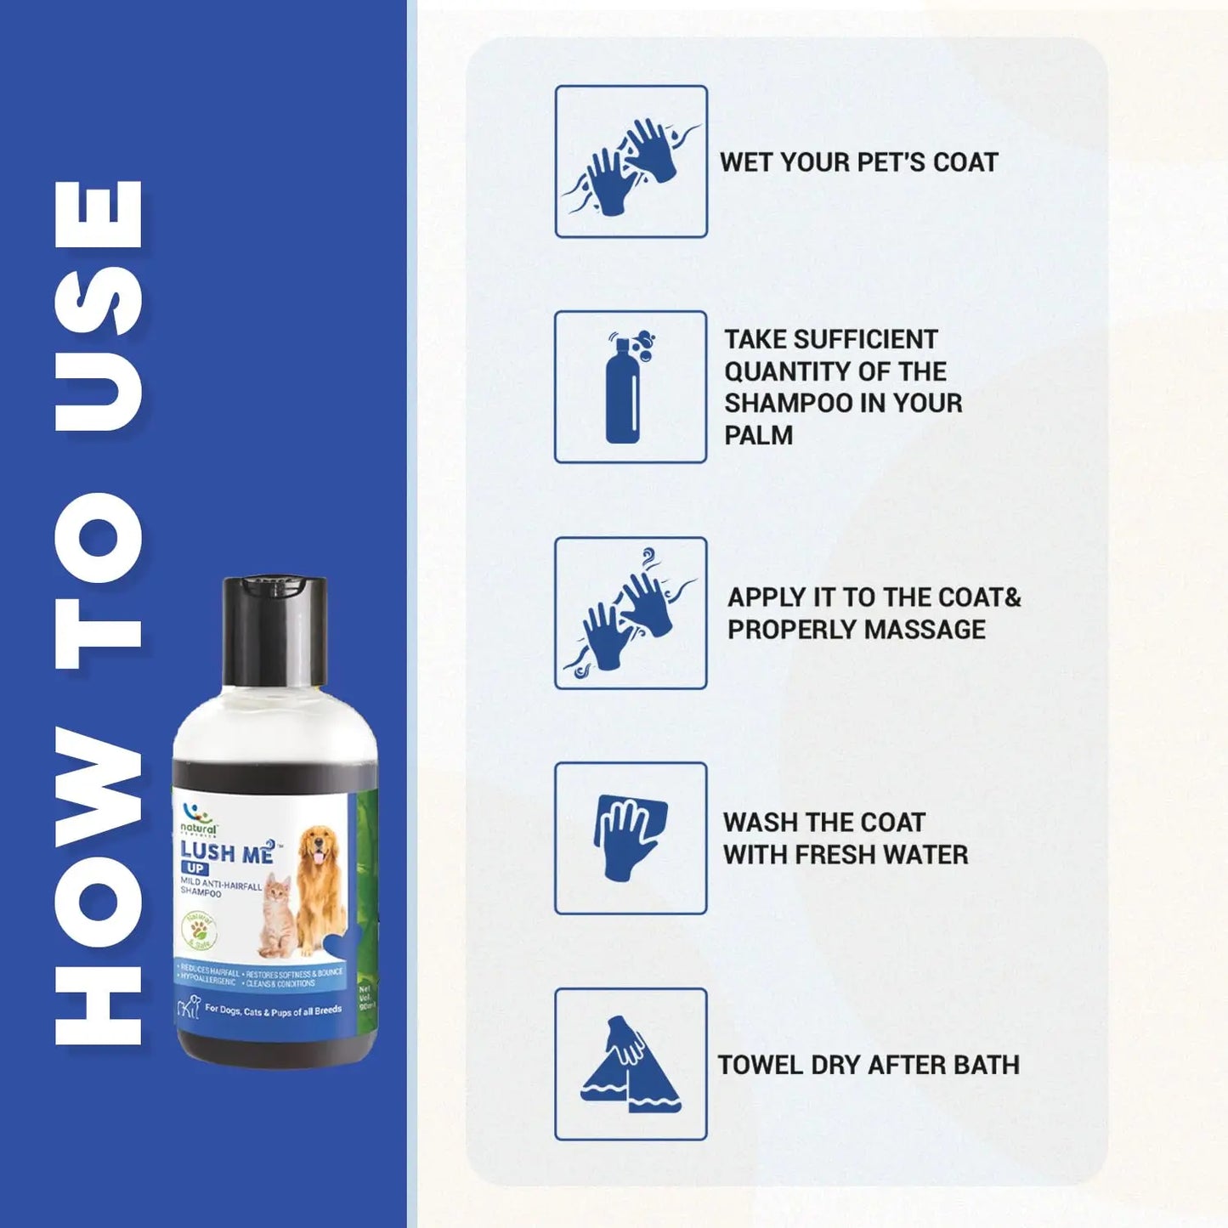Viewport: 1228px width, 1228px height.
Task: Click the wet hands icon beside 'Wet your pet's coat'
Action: pos(631,161)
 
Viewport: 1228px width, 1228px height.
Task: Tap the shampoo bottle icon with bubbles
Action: pos(630,387)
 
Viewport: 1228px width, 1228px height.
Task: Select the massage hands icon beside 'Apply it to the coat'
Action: pos(631,613)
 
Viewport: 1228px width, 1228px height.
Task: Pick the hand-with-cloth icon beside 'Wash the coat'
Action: pos(631,838)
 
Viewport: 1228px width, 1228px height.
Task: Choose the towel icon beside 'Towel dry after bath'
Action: pos(631,1064)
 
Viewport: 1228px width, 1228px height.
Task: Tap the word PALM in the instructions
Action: pos(758,435)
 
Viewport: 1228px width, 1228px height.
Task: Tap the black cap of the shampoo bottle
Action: pos(274,630)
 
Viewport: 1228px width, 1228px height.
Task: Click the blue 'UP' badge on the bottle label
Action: pos(194,869)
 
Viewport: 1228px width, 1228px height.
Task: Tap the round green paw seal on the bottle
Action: pos(200,932)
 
